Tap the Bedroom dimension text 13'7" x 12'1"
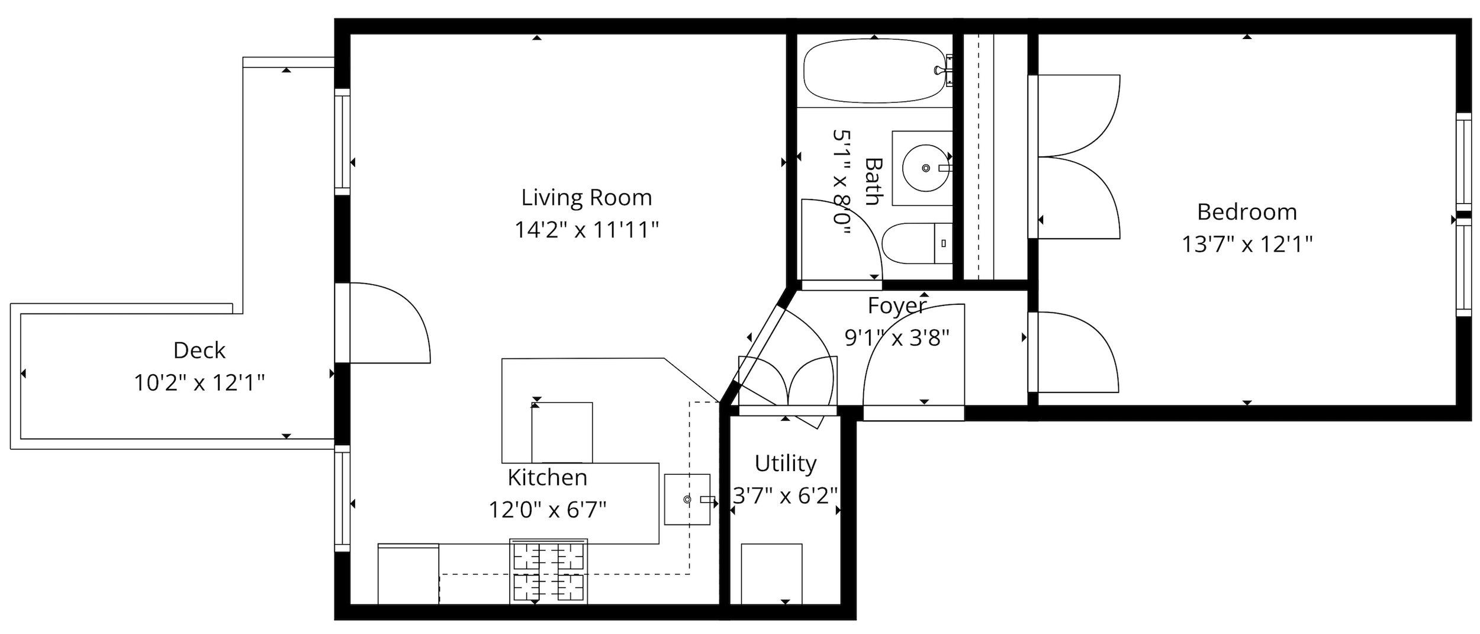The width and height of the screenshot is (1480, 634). pos(1247,244)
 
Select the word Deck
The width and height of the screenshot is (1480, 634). pos(200,350)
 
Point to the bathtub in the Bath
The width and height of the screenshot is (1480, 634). pos(875,71)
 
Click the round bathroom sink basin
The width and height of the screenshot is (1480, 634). pos(925,168)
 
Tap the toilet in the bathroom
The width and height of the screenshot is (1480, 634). pos(917,243)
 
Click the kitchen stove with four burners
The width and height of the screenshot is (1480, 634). pos(549,571)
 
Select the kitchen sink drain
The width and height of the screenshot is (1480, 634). pos(687,500)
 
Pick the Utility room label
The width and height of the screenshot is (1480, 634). pos(786,464)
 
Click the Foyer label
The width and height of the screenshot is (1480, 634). pos(897,306)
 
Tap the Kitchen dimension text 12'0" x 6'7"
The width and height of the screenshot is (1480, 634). pos(548,510)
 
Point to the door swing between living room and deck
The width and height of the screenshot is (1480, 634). pos(390,323)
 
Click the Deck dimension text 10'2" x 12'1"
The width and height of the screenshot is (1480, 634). pos(199,384)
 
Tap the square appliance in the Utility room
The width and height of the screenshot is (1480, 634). pos(771,574)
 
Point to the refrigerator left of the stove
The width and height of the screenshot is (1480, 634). pos(408,574)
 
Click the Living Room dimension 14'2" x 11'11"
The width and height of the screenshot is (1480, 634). pos(586,230)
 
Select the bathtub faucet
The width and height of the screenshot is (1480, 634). pos(945,70)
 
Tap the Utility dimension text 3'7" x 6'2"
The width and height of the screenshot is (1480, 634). pos(786,495)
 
